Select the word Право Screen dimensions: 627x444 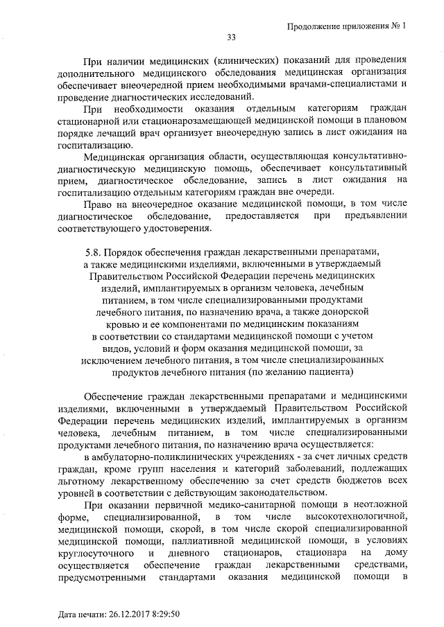pyautogui.click(x=96, y=204)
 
